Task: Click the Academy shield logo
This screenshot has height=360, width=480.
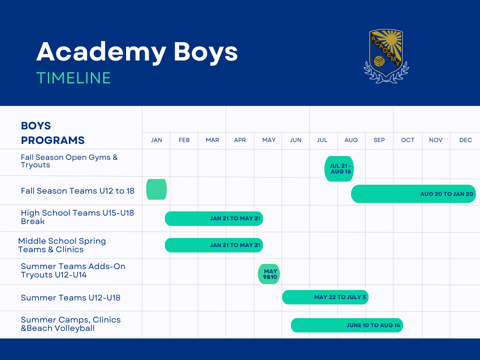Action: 386,56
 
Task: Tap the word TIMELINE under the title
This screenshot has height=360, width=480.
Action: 74,78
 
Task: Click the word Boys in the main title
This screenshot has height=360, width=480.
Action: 206,52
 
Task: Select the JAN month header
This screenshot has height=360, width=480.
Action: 157,140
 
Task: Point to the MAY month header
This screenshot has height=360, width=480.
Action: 269,140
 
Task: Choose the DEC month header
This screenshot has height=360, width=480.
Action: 465,140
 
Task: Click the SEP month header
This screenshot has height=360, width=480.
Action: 379,140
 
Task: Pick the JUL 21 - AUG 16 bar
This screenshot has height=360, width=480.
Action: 339,169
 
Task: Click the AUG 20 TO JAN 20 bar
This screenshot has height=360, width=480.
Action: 413,194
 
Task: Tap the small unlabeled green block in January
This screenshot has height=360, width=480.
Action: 157,189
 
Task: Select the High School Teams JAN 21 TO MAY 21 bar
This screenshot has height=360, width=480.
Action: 214,218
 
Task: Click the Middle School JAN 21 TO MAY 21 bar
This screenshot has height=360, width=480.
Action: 214,245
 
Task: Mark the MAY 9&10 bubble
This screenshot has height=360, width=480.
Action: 269,274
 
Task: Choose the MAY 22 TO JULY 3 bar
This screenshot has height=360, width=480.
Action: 325,297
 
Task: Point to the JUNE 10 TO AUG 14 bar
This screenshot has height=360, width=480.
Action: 347,325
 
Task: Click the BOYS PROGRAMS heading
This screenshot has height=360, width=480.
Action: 52,133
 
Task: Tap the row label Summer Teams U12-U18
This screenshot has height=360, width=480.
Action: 70,298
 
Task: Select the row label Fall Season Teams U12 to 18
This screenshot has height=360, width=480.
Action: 77,191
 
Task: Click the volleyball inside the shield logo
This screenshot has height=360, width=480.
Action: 380,61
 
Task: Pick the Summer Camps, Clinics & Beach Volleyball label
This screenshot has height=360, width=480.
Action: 70,324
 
